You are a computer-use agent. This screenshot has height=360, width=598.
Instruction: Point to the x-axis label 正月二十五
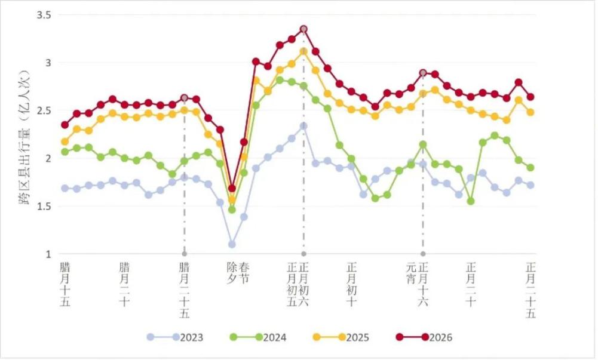click(x=530, y=290)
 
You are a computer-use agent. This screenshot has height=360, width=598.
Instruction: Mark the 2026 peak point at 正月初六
click(x=303, y=29)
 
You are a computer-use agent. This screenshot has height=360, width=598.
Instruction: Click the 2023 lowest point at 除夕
click(x=232, y=244)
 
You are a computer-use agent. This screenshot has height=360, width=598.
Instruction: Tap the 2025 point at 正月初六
click(x=303, y=51)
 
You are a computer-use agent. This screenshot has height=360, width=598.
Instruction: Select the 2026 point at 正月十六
click(x=423, y=73)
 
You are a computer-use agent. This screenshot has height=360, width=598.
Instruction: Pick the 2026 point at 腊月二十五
click(x=184, y=98)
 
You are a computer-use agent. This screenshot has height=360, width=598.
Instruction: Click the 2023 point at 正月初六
click(x=303, y=126)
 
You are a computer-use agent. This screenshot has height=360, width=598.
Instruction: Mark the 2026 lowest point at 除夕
click(x=232, y=188)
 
